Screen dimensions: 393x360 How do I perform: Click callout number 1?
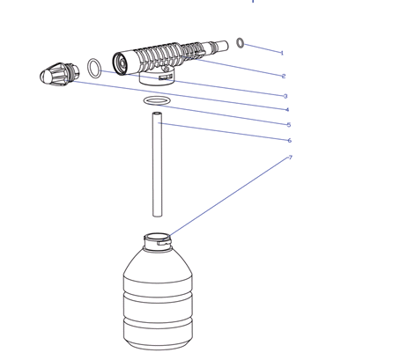point(282,53)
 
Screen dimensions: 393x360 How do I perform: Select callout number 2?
point(284,76)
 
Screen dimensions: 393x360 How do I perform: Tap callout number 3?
point(285,96)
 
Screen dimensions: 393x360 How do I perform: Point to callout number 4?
point(287,110)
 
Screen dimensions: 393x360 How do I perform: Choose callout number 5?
point(289,125)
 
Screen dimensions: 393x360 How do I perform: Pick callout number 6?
point(289,141)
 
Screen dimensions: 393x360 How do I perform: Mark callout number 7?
point(291,158)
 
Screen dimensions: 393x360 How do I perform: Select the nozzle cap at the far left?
point(60,74)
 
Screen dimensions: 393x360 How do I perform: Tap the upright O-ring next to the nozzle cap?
point(88,68)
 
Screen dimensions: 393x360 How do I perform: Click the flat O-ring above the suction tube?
point(145,100)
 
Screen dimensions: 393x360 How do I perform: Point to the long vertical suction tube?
point(157,165)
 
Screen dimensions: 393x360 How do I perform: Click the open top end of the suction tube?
point(157,114)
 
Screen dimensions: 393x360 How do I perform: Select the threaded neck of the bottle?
point(158,242)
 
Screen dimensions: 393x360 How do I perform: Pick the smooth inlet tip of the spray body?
point(222,46)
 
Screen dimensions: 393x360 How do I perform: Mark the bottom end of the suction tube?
point(157,216)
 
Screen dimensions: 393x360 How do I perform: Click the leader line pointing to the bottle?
point(229,196)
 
